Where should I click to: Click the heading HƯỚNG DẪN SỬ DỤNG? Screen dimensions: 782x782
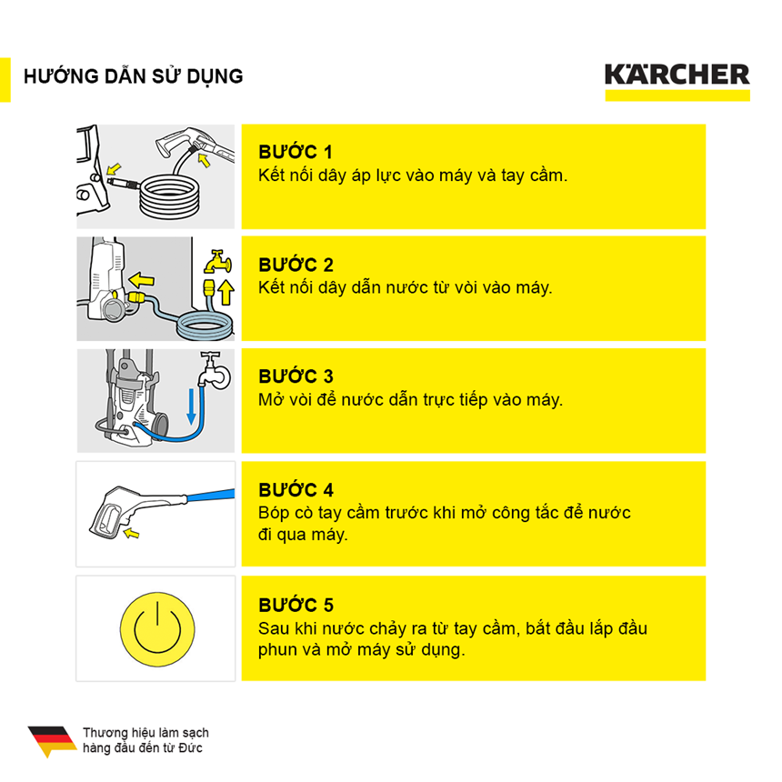tap(134, 75)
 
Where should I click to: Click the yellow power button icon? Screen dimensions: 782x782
tap(156, 628)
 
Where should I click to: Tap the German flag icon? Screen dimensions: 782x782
tap(52, 740)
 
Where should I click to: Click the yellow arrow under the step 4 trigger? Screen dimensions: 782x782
tap(134, 535)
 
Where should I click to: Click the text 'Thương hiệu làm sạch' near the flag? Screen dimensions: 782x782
tap(145, 733)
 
